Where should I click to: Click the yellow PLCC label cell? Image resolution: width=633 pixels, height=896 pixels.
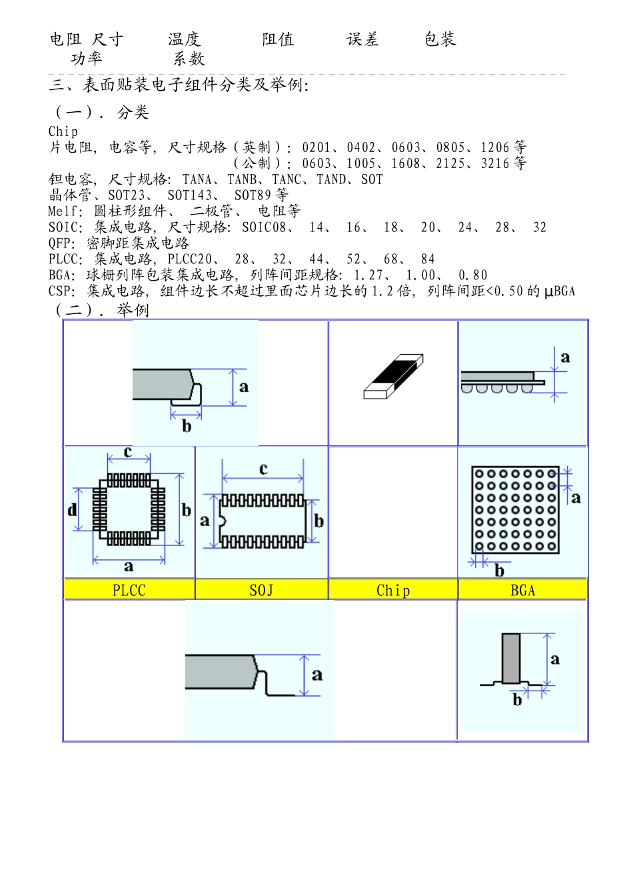click(x=129, y=590)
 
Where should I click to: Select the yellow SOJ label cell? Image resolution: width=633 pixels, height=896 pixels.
click(x=261, y=590)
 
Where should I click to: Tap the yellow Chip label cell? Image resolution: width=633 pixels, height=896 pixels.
click(x=392, y=590)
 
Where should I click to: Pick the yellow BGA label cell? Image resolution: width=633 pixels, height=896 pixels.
click(x=522, y=590)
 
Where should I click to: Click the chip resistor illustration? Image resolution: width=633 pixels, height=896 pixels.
click(x=393, y=377)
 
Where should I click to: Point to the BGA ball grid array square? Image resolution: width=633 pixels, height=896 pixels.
click(x=515, y=510)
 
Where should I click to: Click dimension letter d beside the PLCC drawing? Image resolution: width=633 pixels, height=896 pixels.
click(x=72, y=510)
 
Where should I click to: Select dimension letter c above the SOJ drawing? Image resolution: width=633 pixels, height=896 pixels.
click(x=263, y=469)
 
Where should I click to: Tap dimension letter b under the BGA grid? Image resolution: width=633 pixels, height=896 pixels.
click(x=499, y=571)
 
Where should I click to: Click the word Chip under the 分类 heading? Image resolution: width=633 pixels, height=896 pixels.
click(x=63, y=131)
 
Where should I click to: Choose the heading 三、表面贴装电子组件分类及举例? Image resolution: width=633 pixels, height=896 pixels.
click(x=179, y=85)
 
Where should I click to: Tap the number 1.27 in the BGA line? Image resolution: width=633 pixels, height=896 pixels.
click(x=368, y=275)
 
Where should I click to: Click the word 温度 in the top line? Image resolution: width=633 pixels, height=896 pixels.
click(x=184, y=39)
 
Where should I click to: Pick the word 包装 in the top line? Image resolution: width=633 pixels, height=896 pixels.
click(x=440, y=39)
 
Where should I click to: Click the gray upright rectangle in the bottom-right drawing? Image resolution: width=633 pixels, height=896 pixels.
click(x=511, y=658)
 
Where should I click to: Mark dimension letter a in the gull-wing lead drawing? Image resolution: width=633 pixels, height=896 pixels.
click(x=317, y=675)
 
